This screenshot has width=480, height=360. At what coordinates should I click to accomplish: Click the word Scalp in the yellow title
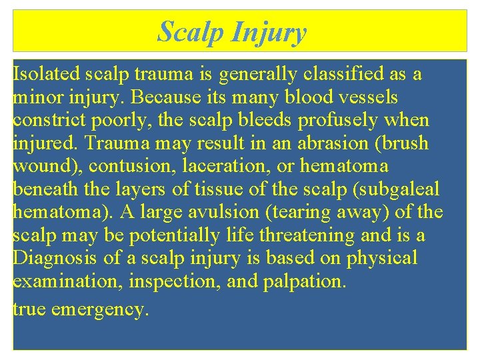coord(191,31)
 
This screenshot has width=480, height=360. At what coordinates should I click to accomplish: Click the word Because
coord(165,97)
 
